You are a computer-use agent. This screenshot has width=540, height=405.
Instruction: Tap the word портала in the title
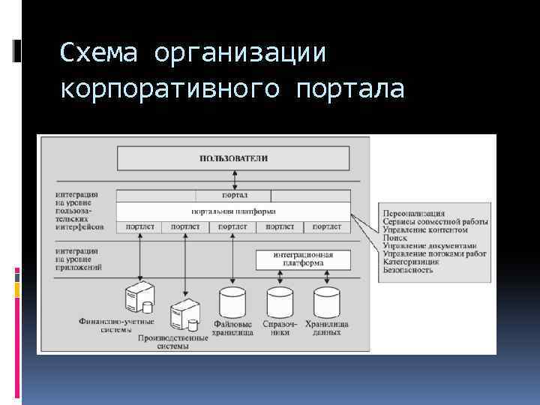point(350,89)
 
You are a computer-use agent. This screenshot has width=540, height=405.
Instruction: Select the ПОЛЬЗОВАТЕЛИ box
point(233,158)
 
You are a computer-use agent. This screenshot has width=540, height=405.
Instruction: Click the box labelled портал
point(234,195)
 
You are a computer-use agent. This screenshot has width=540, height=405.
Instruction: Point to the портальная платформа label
point(233,211)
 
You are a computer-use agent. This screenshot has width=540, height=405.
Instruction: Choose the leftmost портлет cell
point(140,226)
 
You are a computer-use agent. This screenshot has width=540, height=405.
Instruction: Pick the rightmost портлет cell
point(326,226)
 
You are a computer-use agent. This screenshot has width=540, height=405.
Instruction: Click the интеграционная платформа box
point(303,259)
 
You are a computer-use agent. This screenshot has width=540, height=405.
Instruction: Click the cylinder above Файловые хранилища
point(232,301)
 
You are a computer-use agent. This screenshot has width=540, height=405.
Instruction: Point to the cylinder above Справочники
point(280,301)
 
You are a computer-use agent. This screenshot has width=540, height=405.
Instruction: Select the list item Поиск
point(394,237)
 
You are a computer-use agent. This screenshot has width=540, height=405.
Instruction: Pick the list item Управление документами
point(428,245)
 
